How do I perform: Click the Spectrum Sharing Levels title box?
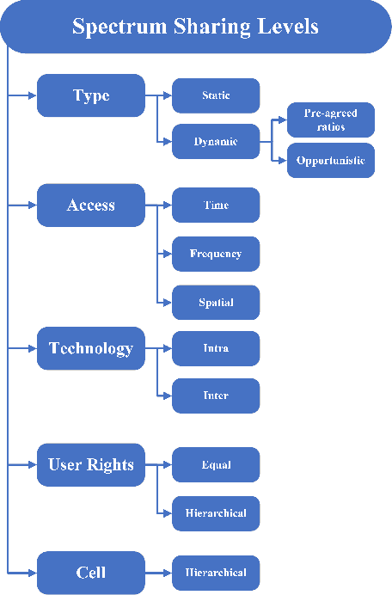coord(196,27)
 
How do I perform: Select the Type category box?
coord(91,95)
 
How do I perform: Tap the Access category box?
coord(91,205)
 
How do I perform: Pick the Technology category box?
coord(91,348)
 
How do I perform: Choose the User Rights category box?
coord(91,465)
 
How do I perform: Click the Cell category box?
coord(91,573)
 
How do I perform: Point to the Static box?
coord(216,95)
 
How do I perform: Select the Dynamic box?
coord(216,141)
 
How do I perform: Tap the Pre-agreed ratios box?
coord(331,120)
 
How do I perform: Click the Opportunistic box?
coord(331,161)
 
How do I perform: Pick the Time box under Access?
coord(216,205)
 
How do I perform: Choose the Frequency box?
coord(216,254)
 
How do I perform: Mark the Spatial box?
coord(216,303)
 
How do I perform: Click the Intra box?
coord(216,348)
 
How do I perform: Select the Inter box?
coord(216,396)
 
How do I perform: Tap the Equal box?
coord(216,465)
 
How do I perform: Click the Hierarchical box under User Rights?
coord(216,513)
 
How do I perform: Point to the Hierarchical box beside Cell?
coord(216,573)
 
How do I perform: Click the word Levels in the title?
coord(285,27)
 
